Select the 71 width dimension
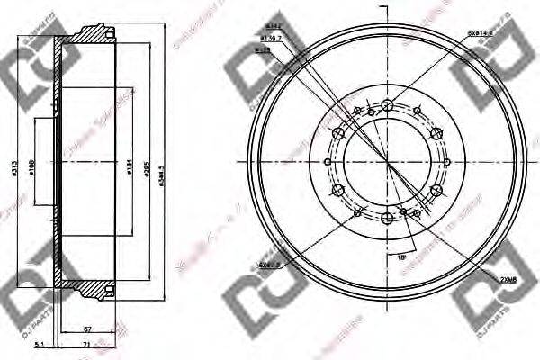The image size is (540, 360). coord(85,345)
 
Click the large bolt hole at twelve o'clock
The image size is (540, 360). coord(387,105)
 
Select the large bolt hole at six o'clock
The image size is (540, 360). coord(387,219)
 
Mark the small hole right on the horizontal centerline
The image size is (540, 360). coord(448,162)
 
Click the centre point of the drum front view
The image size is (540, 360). coord(387,162)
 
